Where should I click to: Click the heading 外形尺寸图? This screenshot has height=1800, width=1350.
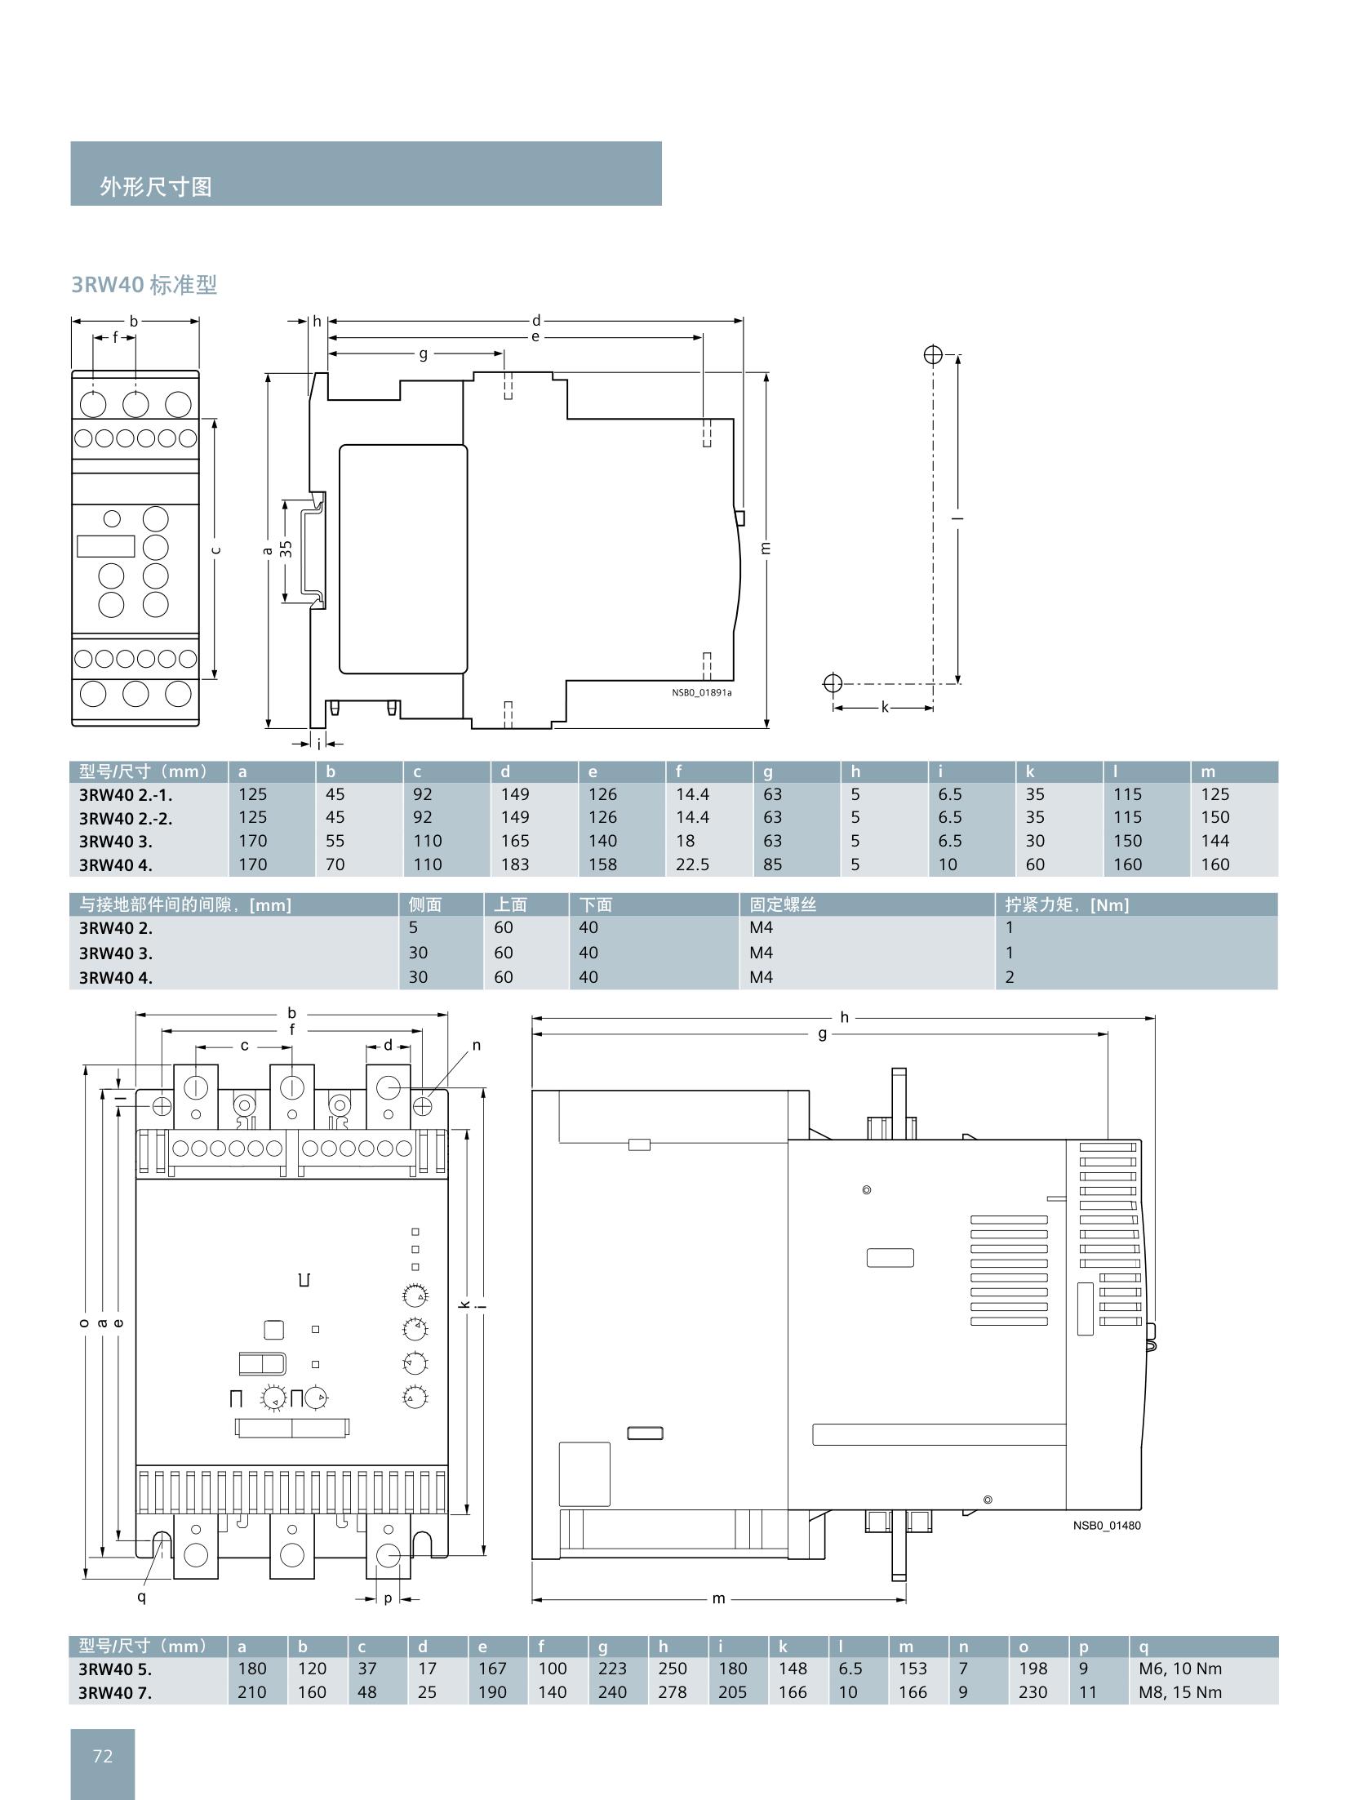(156, 187)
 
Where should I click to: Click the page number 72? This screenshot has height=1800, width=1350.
(103, 1755)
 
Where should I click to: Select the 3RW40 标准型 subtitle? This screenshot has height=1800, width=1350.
(144, 285)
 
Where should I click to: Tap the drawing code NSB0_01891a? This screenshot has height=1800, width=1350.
(702, 692)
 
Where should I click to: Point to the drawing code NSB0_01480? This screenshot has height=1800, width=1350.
(1107, 1525)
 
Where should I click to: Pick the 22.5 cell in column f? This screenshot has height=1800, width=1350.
(692, 864)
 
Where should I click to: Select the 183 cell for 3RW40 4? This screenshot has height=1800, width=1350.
(515, 864)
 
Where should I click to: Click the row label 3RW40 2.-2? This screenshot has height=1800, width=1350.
(126, 818)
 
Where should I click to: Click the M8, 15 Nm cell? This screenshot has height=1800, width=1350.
(1180, 1692)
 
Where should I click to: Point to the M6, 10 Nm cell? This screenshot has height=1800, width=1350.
(1180, 1669)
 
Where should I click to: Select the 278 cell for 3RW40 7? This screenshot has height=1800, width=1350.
(673, 1692)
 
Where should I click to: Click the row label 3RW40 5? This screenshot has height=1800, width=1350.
(115, 1669)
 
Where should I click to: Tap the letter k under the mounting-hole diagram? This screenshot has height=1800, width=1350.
(884, 707)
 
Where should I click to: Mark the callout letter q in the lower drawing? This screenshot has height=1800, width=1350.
(141, 1596)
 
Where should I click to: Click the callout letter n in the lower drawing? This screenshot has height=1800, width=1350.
(477, 1045)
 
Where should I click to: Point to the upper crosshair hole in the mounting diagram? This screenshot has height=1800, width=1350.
(933, 355)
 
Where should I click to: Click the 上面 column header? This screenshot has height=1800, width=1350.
(510, 904)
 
